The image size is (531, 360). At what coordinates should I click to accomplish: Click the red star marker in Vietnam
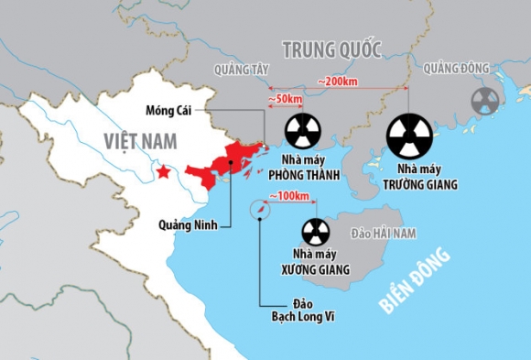pos(163,171)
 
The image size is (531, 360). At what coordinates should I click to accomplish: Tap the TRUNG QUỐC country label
pos(332,49)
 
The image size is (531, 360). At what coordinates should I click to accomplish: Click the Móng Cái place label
pos(167,110)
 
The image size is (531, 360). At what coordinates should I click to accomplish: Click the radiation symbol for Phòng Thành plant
pos(304,133)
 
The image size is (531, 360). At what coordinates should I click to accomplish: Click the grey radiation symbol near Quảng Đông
pos(484,101)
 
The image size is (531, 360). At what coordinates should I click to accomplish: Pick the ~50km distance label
pos(286,98)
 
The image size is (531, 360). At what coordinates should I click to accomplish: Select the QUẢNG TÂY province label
pos(239,70)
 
